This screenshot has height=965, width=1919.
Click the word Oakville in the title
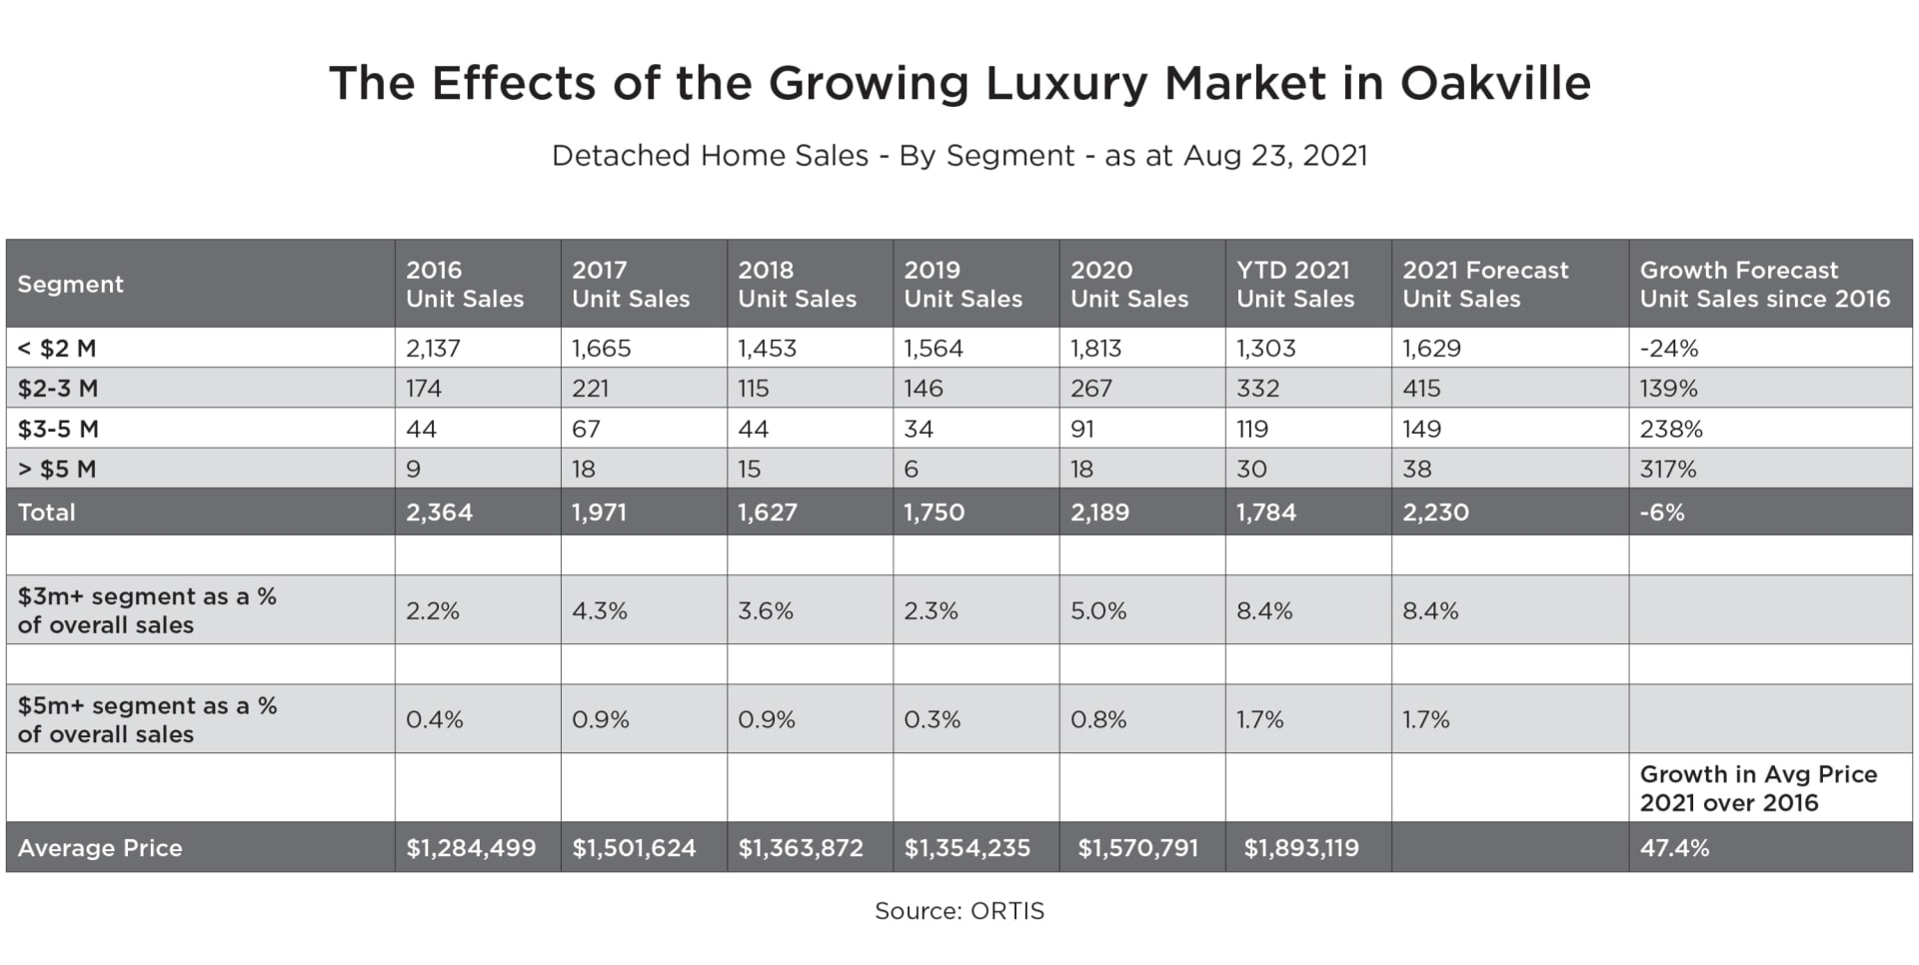[1494, 83]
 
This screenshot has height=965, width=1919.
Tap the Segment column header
[70, 285]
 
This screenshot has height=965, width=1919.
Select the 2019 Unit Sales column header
[962, 285]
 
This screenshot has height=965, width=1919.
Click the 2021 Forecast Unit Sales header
[1485, 285]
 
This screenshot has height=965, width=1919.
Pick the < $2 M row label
[57, 349]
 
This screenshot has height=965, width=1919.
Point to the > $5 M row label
[57, 470]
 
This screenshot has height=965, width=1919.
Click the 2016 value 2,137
[433, 349]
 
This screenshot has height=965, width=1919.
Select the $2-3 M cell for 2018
[753, 389]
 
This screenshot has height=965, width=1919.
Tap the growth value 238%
[1671, 430]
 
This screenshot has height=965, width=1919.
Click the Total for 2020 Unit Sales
[1099, 512]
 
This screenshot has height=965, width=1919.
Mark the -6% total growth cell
[1662, 512]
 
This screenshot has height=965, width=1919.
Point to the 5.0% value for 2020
[1098, 611]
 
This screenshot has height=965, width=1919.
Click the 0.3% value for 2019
[932, 720]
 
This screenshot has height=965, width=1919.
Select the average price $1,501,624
[634, 848]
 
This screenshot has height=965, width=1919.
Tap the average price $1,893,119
[1300, 848]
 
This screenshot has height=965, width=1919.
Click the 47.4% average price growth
[1674, 848]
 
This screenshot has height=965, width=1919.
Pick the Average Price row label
[100, 848]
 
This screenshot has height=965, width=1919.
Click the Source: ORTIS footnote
[959, 911]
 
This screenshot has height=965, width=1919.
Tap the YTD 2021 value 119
[1252, 430]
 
